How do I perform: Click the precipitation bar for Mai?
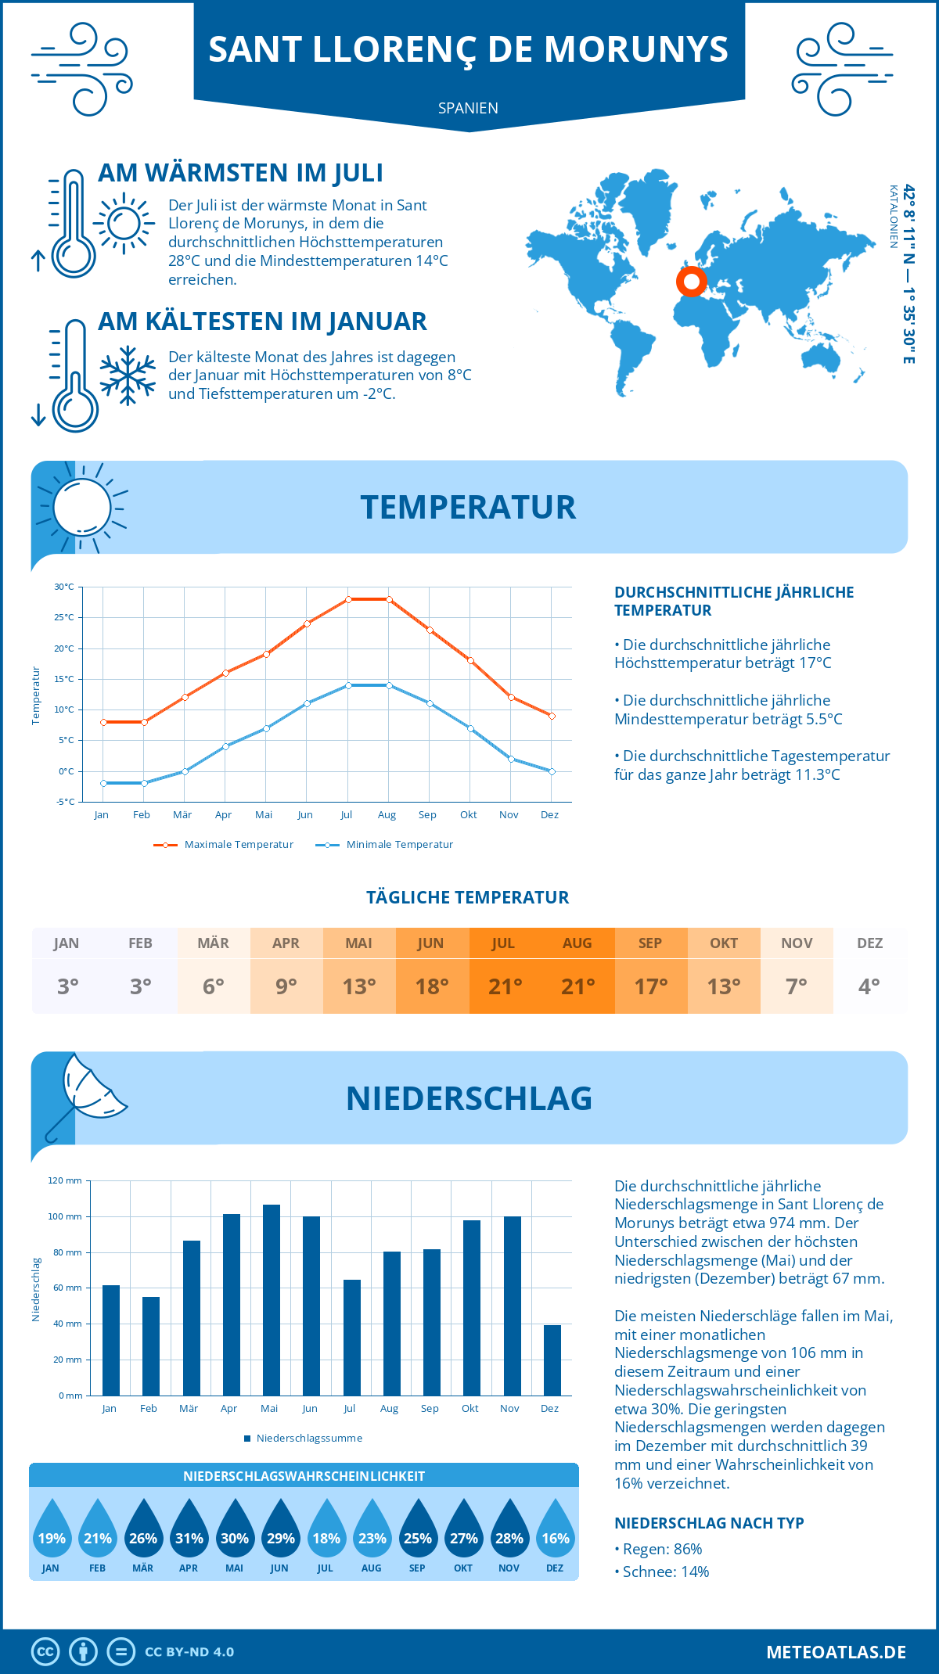pyautogui.click(x=271, y=1300)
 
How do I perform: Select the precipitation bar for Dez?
pyautogui.click(x=552, y=1360)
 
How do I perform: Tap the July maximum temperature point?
pyautogui.click(x=348, y=599)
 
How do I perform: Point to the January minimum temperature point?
pyautogui.click(x=103, y=783)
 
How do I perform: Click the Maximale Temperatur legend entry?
pyautogui.click(x=225, y=845)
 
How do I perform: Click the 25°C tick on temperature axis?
pyautogui.click(x=64, y=617)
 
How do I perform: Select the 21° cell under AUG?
pyautogui.click(x=577, y=986)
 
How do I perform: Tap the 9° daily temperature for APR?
pyautogui.click(x=286, y=986)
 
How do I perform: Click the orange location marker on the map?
pyautogui.click(x=691, y=281)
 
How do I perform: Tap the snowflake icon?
pyautogui.click(x=128, y=375)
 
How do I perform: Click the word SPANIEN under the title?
pyautogui.click(x=468, y=108)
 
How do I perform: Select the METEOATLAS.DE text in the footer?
pyautogui.click(x=836, y=1652)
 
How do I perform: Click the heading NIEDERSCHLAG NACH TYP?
pyautogui.click(x=709, y=1523)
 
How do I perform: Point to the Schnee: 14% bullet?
pyautogui.click(x=664, y=1572)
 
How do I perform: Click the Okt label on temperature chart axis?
pyautogui.click(x=468, y=815)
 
